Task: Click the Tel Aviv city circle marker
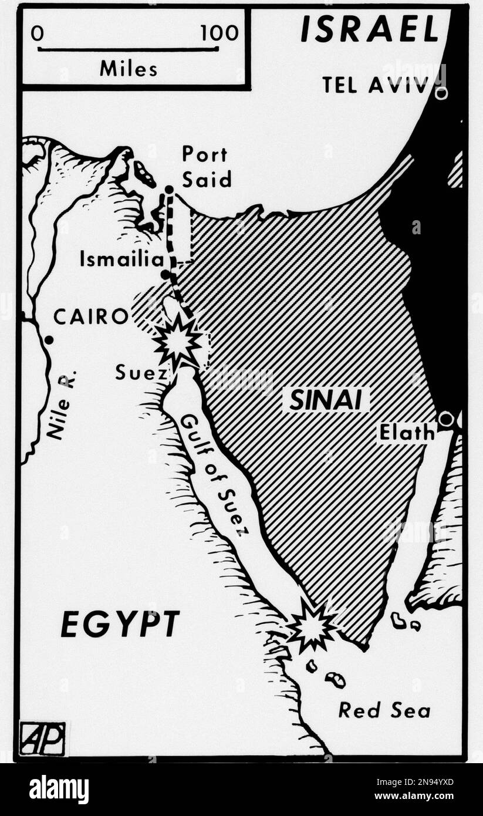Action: (x=441, y=92)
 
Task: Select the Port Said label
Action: (x=206, y=167)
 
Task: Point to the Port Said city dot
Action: (x=169, y=190)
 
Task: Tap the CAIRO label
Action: (x=90, y=317)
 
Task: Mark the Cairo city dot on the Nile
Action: (x=49, y=339)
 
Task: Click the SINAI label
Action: (x=326, y=401)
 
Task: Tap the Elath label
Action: (x=407, y=433)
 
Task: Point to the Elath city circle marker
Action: (x=446, y=419)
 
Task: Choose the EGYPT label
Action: (x=120, y=625)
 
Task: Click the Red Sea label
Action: (x=384, y=710)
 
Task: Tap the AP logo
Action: (x=42, y=737)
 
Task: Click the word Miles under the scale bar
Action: (x=128, y=69)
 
